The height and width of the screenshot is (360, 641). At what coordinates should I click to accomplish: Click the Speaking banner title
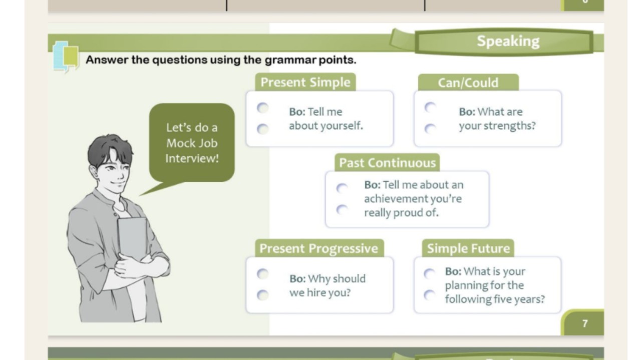click(508, 41)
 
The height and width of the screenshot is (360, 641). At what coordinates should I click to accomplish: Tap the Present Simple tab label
click(305, 83)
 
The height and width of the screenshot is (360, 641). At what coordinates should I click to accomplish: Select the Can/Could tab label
click(468, 83)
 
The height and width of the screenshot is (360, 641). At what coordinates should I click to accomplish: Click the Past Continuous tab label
click(387, 163)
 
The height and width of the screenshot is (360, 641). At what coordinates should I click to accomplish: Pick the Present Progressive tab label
click(319, 248)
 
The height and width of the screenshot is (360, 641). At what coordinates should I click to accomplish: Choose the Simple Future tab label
click(468, 248)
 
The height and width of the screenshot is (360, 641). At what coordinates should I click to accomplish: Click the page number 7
click(585, 323)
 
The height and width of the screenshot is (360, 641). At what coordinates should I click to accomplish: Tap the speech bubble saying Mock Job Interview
click(192, 143)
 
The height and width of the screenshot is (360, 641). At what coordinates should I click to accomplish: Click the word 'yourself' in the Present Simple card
click(342, 126)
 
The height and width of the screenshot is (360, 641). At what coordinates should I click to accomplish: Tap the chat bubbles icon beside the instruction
click(66, 57)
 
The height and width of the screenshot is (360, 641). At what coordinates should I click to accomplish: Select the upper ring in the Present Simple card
click(262, 108)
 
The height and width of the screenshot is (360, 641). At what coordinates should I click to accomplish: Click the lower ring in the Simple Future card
click(429, 295)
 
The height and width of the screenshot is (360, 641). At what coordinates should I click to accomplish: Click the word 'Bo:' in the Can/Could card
click(467, 112)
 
